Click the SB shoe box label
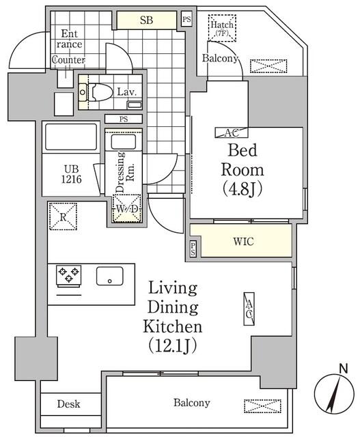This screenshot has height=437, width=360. [146, 20]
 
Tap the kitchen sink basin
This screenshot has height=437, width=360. [109, 277]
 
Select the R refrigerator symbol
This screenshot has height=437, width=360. [62, 217]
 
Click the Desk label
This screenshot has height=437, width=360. [68, 404]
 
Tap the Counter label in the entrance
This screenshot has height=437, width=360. [68, 60]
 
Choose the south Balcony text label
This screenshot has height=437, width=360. [191, 403]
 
